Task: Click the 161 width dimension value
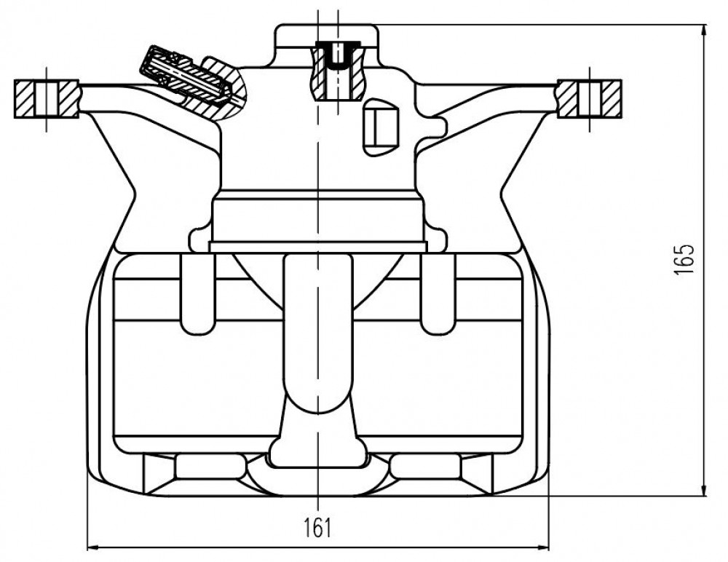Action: click(x=318, y=528)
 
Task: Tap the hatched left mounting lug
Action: click(x=47, y=99)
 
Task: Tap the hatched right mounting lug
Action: click(x=589, y=99)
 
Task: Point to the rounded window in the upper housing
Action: click(x=381, y=127)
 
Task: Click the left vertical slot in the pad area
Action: click(x=198, y=294)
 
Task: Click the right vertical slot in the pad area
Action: click(x=438, y=294)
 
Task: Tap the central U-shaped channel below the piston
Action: click(x=319, y=334)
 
